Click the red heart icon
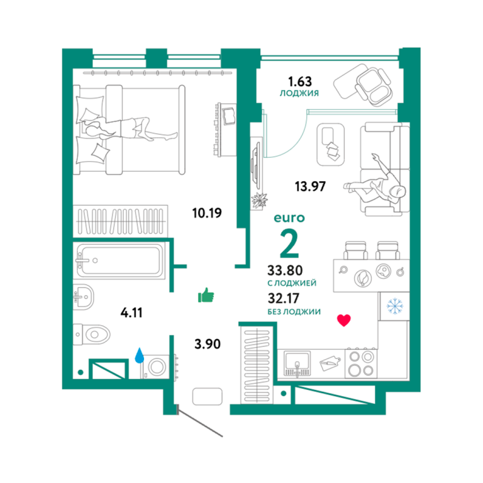[x=344, y=320]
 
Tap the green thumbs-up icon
[x=206, y=295]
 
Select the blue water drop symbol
[x=140, y=355]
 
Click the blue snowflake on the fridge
[x=394, y=306]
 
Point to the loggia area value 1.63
[x=300, y=82]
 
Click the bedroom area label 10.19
[x=207, y=213]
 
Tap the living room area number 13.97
[x=310, y=186]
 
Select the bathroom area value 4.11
[x=131, y=313]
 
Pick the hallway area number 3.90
[x=208, y=344]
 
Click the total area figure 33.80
[x=285, y=270]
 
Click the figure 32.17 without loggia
[x=284, y=298]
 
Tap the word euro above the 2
[x=289, y=218]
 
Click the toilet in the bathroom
[x=92, y=334]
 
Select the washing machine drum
[x=157, y=367]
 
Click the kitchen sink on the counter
[x=297, y=364]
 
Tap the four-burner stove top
[x=361, y=364]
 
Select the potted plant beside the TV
[x=259, y=201]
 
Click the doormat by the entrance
[x=208, y=396]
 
